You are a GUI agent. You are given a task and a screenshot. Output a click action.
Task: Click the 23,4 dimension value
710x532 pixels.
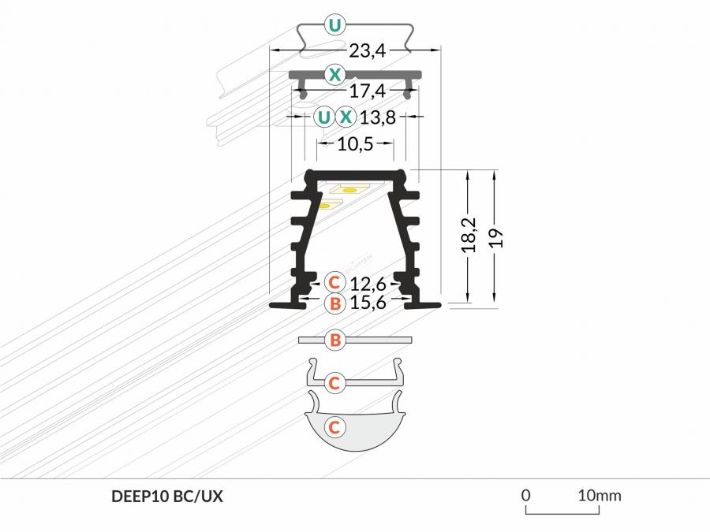367,50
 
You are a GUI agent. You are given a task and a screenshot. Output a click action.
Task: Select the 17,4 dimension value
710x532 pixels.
367,91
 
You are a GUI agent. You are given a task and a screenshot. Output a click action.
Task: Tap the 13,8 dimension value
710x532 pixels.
378,117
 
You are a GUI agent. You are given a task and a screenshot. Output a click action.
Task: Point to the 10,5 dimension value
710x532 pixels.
356,144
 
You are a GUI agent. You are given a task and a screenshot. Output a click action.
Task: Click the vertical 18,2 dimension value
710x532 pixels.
469,235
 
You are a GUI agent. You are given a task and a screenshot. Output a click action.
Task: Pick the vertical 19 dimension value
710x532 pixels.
496,238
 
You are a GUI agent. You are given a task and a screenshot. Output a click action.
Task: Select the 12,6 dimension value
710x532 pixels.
368,284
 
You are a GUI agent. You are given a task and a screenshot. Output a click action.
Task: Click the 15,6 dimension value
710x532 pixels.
368,302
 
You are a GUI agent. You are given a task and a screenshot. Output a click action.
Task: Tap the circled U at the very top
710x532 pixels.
334,25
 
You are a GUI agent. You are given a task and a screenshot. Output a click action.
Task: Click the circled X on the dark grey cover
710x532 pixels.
334,74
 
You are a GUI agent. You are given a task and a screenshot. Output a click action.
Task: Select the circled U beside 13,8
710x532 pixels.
323,117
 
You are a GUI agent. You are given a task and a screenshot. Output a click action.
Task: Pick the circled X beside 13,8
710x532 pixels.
346,117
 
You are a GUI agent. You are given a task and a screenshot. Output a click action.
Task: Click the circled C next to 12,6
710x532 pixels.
334,282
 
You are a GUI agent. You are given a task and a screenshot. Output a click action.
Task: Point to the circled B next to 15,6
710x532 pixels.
335,303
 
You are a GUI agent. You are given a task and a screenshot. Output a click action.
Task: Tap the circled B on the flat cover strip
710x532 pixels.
335,340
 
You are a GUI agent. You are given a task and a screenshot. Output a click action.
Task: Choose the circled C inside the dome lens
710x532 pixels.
334,427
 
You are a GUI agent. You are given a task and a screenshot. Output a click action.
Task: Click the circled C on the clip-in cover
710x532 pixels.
334,383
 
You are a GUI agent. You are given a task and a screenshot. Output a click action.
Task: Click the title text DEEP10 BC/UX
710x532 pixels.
167,497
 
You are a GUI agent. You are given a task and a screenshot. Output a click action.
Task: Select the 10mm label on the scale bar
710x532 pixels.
600,496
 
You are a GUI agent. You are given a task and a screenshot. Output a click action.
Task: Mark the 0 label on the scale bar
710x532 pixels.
525,496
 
